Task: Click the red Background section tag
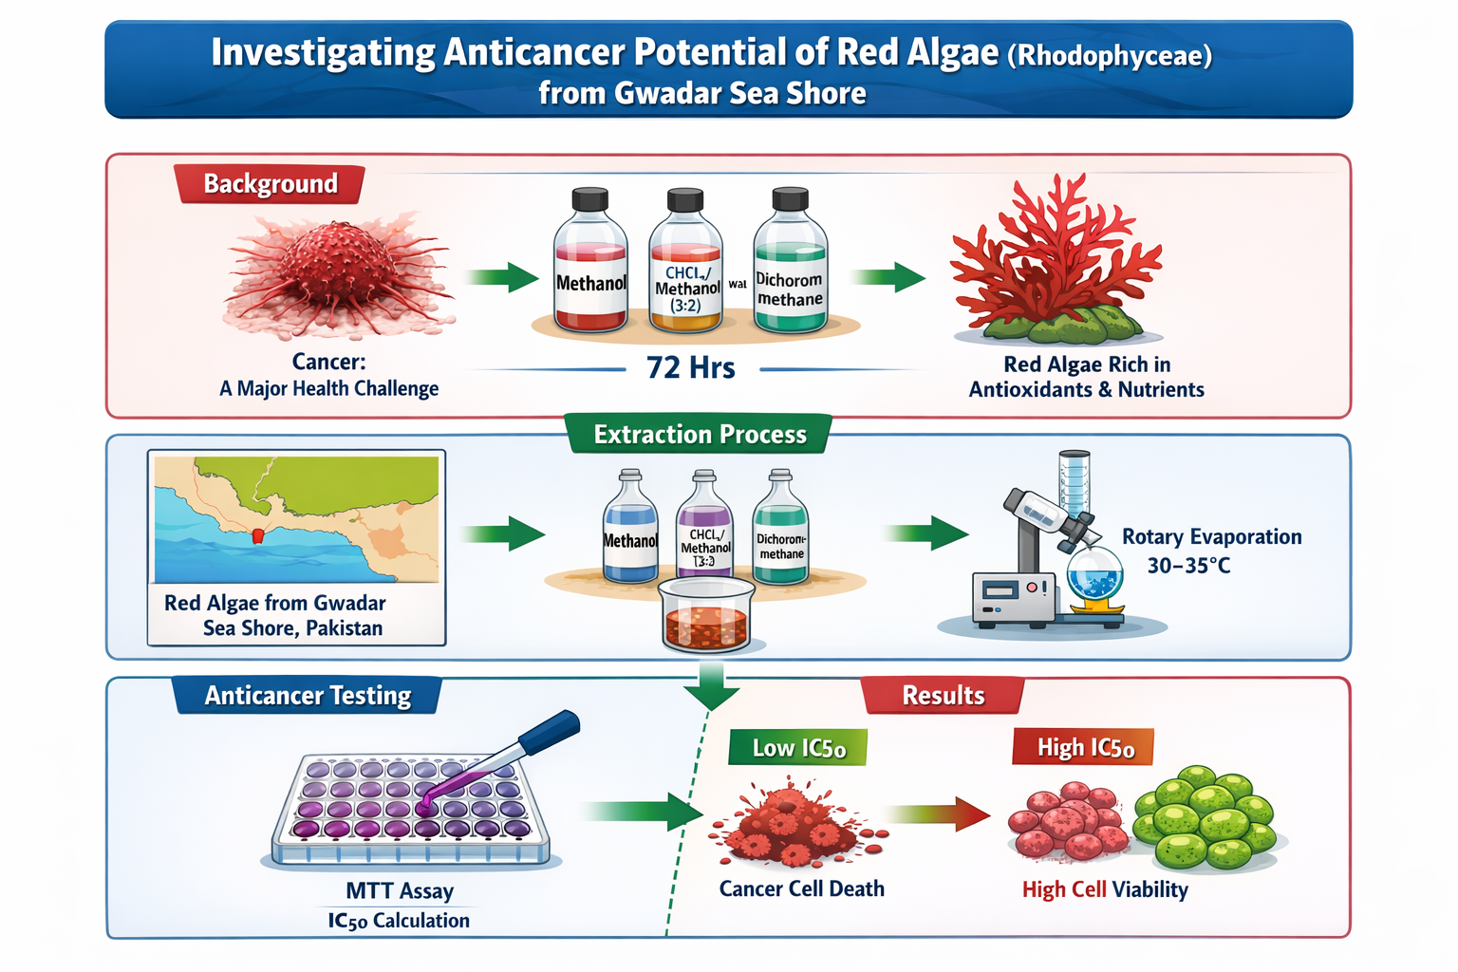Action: (270, 183)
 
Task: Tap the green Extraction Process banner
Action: (700, 435)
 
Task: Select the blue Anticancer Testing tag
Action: (308, 696)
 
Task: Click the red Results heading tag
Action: (943, 696)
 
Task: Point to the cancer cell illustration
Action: (337, 275)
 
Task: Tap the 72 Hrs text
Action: (690, 367)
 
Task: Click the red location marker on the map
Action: (258, 536)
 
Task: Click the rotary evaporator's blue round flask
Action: (1094, 574)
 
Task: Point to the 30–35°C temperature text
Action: (1188, 566)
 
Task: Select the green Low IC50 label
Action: (798, 748)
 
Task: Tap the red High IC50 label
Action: (1084, 748)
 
